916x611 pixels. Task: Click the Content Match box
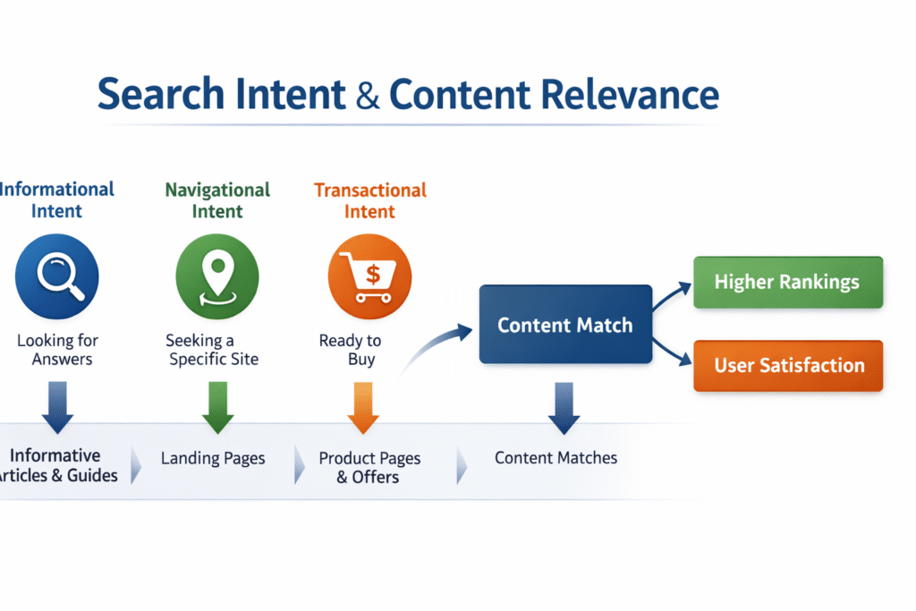point(565,324)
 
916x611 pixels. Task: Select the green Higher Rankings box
point(787,282)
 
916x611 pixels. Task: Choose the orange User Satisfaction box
point(788,365)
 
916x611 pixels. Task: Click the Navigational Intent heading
point(217,200)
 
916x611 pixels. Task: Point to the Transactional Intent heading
point(369,200)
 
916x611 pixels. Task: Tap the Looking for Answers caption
point(59,350)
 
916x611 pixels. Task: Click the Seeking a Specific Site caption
point(212,350)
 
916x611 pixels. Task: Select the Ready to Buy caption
point(352,350)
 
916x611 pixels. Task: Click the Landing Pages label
point(213,458)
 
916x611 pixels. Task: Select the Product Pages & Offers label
point(369,467)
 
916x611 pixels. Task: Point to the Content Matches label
point(556,458)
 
